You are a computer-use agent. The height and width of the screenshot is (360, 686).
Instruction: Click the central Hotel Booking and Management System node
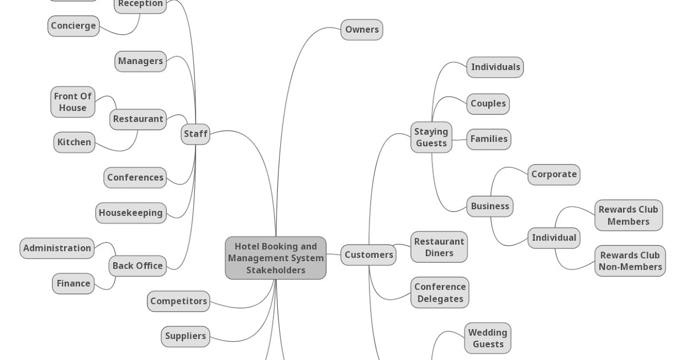tap(276, 258)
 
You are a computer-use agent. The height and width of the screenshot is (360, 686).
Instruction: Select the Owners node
tap(362, 30)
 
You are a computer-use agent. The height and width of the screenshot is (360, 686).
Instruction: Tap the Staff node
tap(196, 134)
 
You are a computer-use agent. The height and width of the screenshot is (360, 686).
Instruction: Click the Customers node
tap(369, 255)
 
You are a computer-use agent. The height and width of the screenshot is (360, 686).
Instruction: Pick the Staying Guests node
tap(431, 138)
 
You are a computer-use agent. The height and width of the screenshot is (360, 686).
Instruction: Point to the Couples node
tap(488, 104)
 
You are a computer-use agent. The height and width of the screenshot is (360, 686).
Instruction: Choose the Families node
tap(488, 139)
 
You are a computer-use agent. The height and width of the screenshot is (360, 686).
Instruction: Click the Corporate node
tap(554, 175)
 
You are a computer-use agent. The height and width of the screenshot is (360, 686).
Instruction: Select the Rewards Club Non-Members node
tap(630, 261)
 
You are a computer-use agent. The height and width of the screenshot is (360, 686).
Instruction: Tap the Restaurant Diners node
tap(439, 247)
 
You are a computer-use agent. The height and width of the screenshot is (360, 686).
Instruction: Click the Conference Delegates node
tap(440, 293)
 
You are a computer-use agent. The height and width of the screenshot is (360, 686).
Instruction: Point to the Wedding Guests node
tap(488, 338)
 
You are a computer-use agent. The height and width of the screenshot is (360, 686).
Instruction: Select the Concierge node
tap(73, 26)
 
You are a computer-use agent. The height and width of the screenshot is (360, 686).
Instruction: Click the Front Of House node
tap(73, 102)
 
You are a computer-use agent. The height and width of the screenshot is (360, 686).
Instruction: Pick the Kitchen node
tap(74, 142)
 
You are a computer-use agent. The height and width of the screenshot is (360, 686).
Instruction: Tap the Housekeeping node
tap(131, 213)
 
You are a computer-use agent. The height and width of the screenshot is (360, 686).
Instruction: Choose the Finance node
tap(73, 283)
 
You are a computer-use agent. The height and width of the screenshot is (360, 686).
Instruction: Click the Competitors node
tap(178, 301)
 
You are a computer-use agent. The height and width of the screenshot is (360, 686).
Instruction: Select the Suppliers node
tap(185, 336)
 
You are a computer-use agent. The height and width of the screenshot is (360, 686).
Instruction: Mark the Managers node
tap(141, 61)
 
